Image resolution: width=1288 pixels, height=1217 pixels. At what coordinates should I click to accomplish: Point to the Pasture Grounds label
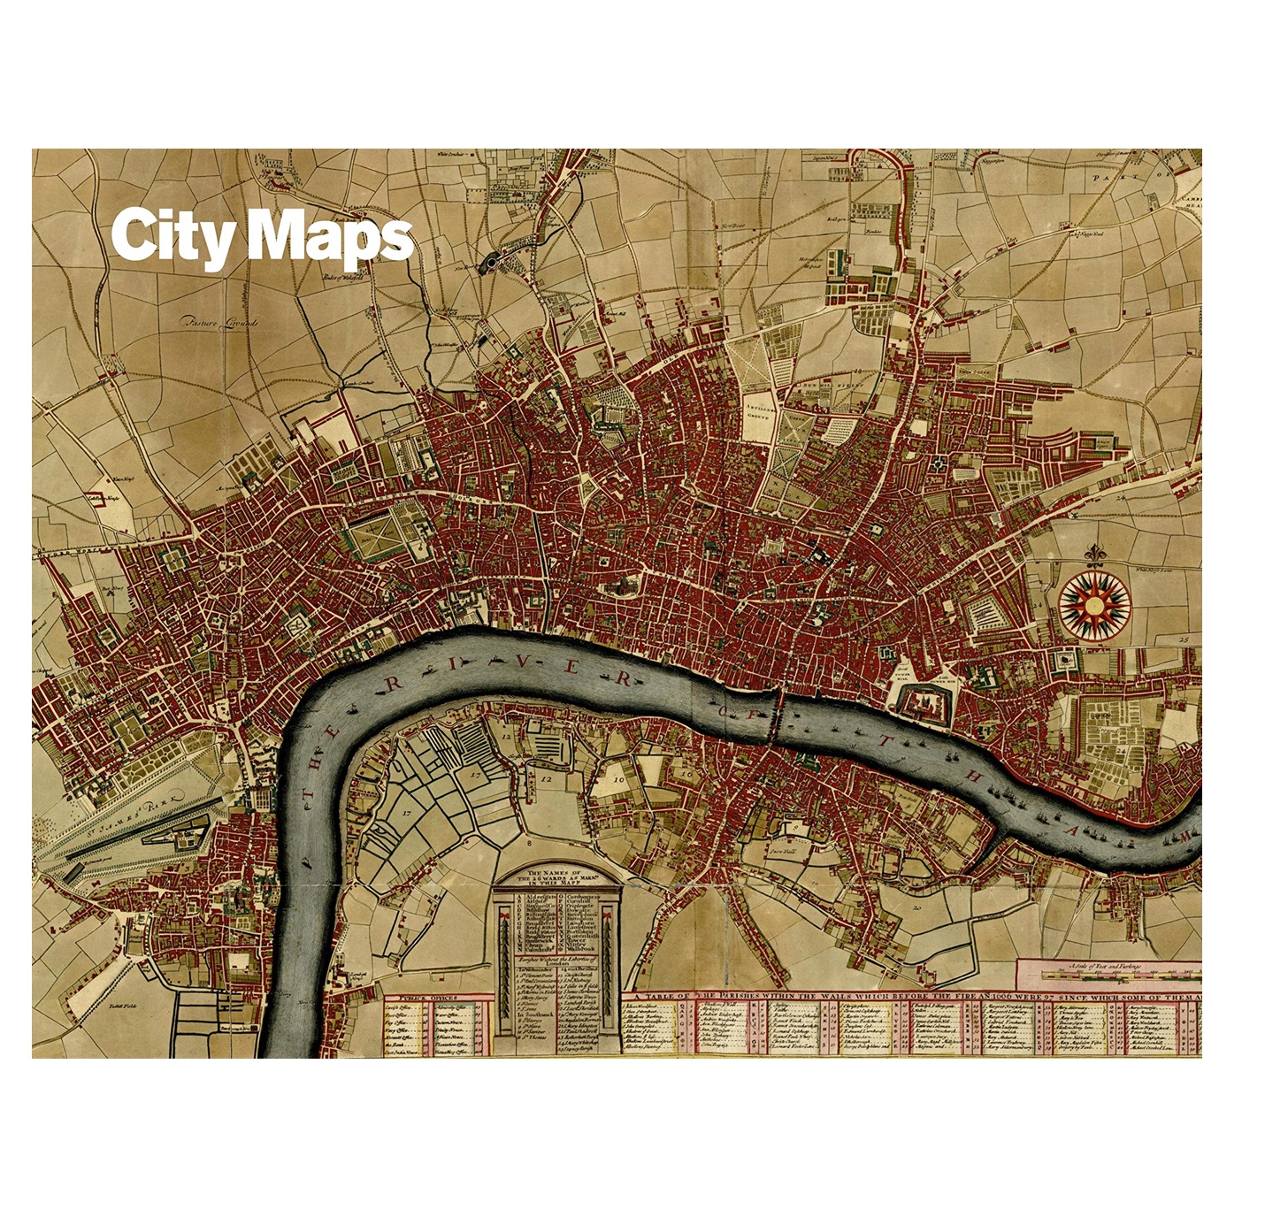(x=218, y=322)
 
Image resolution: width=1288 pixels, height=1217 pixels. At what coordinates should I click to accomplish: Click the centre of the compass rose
(x=1093, y=606)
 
